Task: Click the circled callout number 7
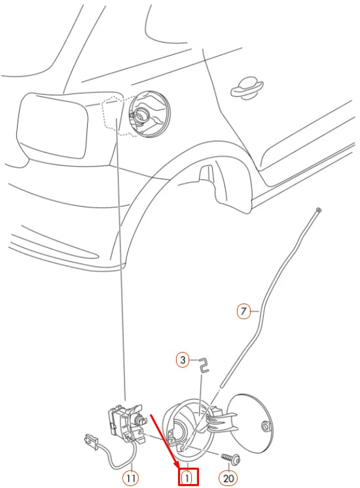point(243,311)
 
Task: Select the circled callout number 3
point(183,360)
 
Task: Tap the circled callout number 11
point(131,478)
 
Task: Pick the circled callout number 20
point(228,478)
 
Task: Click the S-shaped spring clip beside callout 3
point(204,365)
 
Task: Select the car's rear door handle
point(247,88)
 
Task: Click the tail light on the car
point(52,125)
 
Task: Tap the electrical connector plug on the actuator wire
point(90,442)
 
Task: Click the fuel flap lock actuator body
point(126,423)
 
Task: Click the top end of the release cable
point(318,210)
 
